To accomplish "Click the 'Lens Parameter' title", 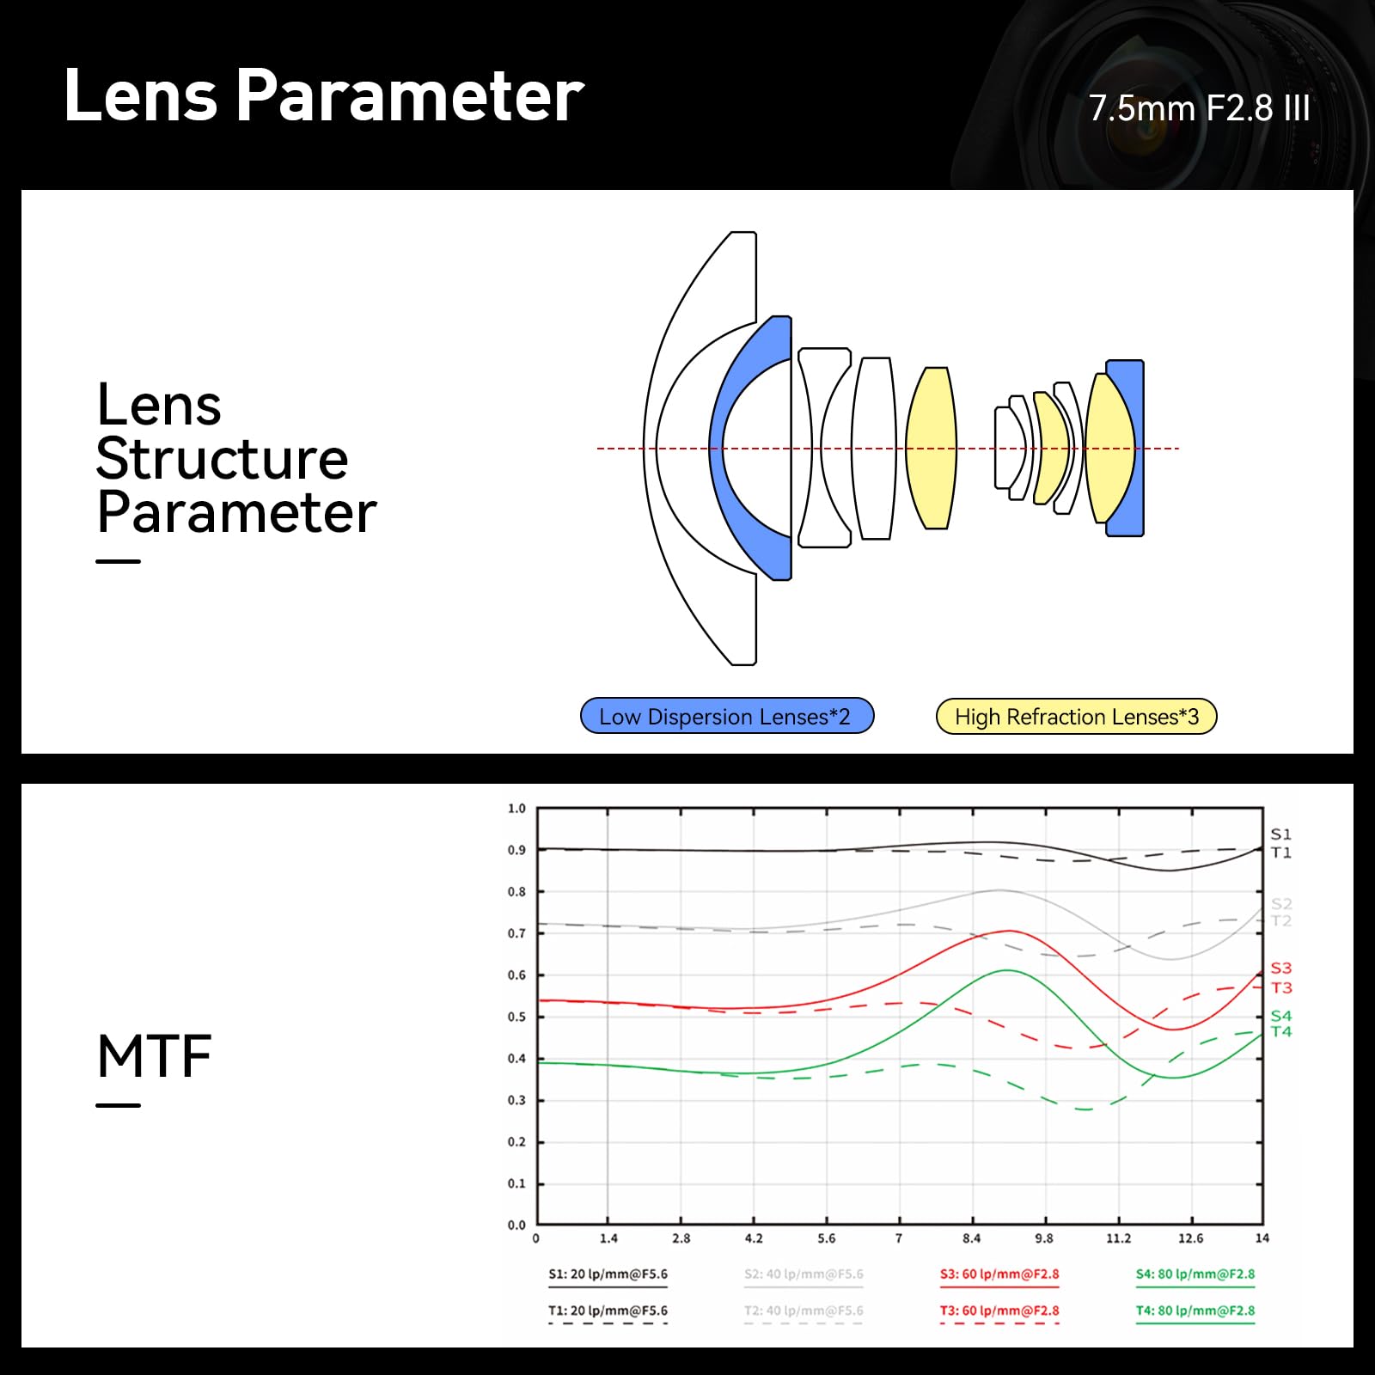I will pos(324,95).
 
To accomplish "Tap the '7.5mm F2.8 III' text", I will pos(1199,108).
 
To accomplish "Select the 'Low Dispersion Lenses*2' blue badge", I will pos(727,716).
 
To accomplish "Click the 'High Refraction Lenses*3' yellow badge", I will pos(1076,717).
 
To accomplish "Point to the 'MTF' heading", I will pos(155,1056).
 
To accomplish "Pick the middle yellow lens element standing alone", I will pos(931,448).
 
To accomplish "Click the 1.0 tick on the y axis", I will pos(516,809).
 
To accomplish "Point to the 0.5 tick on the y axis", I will pos(516,1017).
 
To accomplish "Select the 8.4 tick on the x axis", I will pos(971,1238).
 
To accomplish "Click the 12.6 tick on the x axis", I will pos(1190,1238).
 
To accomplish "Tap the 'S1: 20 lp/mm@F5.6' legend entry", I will pos(608,1274).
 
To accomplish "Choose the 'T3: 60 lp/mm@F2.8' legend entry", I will pos(999,1311).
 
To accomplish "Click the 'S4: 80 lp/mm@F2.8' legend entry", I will pos(1195,1274).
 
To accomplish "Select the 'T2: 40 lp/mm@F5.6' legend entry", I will pos(804,1311).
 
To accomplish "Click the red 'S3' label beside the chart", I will pos(1281,969).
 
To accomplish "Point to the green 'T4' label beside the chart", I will pos(1281,1032).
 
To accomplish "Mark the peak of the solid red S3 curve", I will pos(1008,931).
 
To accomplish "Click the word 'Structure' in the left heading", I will pos(222,459).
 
